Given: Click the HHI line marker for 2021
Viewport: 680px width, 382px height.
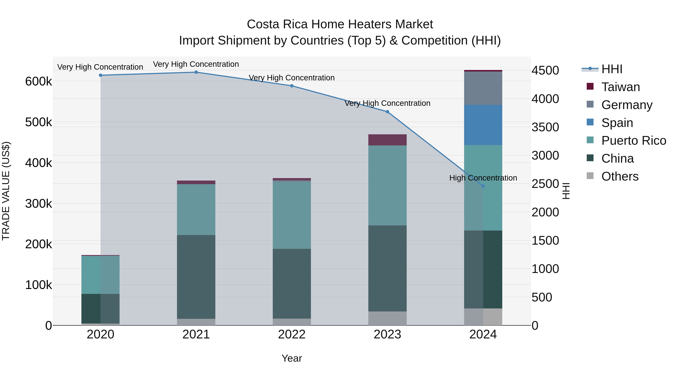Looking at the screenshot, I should pos(196,72).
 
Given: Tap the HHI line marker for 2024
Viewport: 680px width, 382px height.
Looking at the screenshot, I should pos(483,186).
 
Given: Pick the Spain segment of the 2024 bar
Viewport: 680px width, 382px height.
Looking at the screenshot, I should pos(483,125).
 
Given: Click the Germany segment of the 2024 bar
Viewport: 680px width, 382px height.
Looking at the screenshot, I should pos(483,88).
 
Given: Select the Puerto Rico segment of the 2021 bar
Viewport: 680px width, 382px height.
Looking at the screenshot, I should pos(196,210).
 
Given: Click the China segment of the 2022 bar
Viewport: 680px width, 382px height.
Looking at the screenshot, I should pos(292,284).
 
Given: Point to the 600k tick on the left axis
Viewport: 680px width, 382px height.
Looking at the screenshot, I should pos(39,81).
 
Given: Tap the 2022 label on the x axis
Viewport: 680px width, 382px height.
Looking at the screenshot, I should pos(292,334).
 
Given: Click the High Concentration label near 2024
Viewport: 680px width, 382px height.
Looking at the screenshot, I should pos(483,178).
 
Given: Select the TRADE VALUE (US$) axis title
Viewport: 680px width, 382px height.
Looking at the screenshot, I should pos(6,191).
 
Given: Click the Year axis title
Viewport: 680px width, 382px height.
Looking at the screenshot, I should pos(292,358).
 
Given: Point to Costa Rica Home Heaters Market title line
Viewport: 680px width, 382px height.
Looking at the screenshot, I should pos(340,24).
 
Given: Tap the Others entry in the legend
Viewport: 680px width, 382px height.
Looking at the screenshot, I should pos(620,176).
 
